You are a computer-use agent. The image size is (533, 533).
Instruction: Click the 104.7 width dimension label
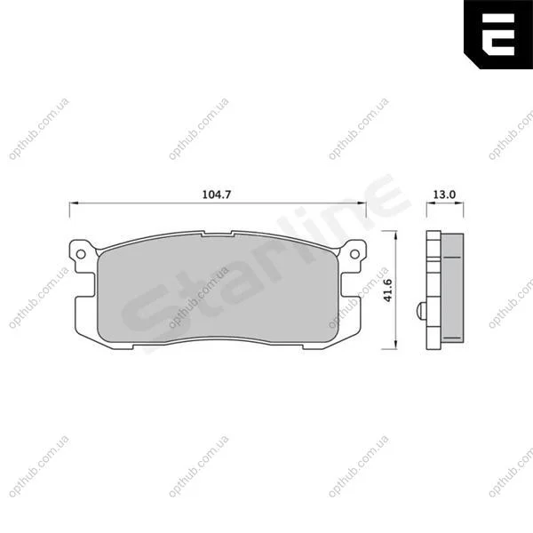(x=217, y=195)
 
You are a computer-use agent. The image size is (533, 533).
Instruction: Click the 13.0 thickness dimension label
(x=444, y=195)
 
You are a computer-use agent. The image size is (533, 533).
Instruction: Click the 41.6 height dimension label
(x=388, y=290)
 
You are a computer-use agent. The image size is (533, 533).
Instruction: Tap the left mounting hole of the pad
(x=81, y=254)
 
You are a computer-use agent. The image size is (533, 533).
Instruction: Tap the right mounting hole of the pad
(x=354, y=254)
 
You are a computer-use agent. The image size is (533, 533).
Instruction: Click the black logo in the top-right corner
(x=498, y=35)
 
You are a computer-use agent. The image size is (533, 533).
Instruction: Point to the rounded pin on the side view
(x=421, y=310)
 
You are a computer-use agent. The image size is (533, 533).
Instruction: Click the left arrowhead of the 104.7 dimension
(x=74, y=203)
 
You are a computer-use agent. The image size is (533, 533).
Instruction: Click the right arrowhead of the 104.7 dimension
(x=362, y=203)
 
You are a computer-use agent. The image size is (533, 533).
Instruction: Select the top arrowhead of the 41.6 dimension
(x=395, y=235)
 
